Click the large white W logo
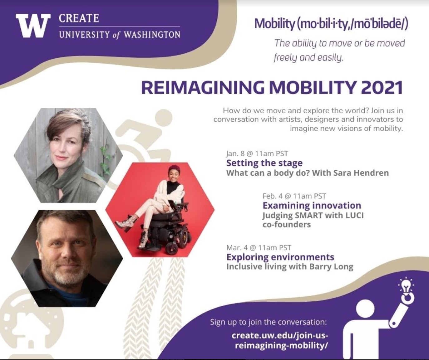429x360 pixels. [33, 26]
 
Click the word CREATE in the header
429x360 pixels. [79, 18]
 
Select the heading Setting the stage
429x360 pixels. [264, 163]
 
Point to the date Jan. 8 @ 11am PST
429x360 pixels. [257, 153]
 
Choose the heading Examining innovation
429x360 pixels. [312, 205]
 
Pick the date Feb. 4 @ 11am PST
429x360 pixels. [294, 196]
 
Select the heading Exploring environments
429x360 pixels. [280, 257]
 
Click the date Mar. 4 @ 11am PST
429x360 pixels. [259, 248]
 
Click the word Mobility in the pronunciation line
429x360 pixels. [274, 24]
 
